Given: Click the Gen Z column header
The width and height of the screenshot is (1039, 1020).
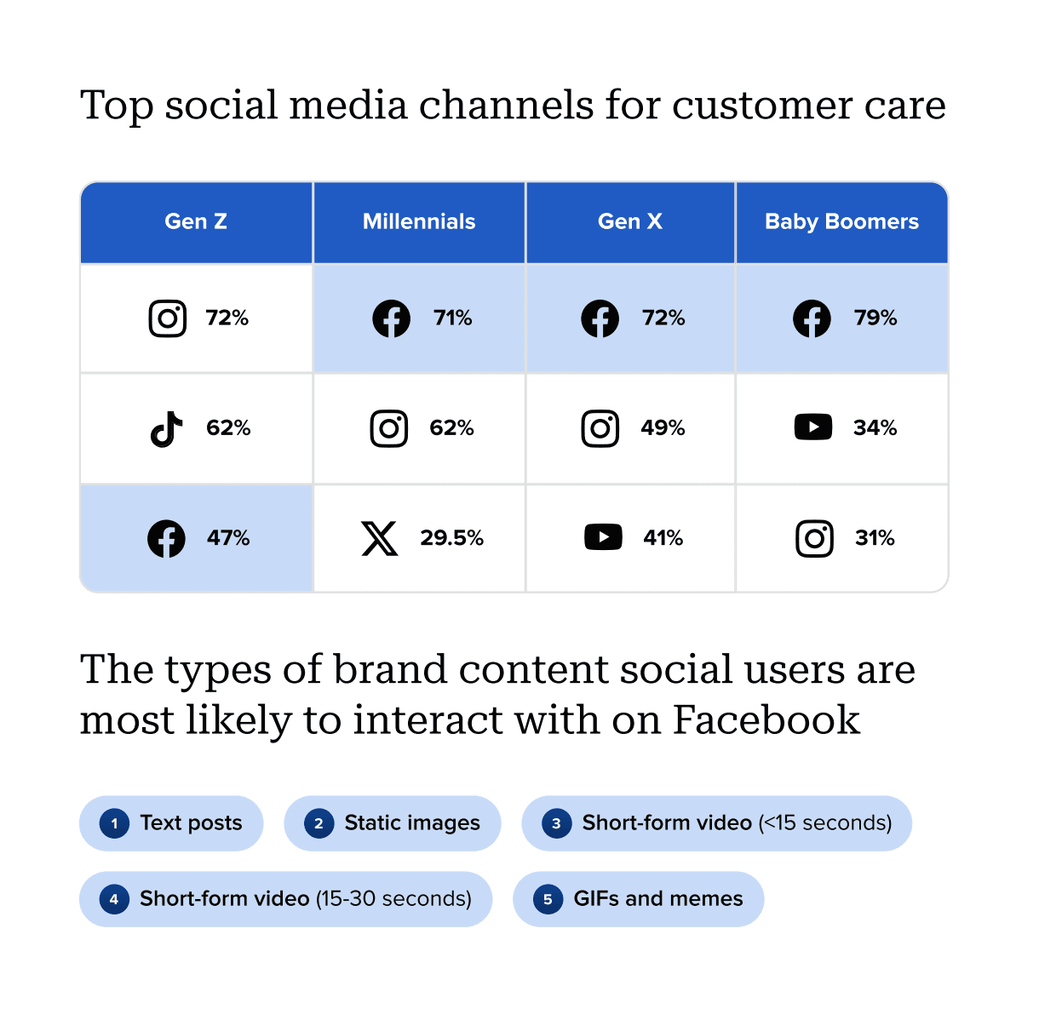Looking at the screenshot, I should coord(196,221).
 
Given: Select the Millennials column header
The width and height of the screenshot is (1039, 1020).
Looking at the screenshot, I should coord(419,221).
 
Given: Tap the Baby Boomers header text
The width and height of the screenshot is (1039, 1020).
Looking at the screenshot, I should coord(841,221).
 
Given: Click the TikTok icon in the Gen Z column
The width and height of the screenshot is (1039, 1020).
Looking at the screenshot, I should coord(167,429).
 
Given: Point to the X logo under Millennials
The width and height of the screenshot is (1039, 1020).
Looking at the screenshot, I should coord(380,538).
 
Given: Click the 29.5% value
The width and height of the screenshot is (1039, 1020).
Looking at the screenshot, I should coord(451,538).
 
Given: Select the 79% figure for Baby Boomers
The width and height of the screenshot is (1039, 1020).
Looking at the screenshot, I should coord(875,318).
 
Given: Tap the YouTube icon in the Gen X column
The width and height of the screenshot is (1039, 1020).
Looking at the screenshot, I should coord(603,538).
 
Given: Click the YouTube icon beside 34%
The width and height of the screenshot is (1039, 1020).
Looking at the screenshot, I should coord(813,427).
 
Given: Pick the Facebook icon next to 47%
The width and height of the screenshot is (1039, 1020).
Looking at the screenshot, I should coord(166,538).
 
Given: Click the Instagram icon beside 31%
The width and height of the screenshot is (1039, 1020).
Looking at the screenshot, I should coord(814,538).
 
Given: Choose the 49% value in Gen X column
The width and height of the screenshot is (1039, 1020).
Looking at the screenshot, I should coord(663,428).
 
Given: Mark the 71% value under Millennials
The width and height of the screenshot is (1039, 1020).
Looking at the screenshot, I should coord(452,318).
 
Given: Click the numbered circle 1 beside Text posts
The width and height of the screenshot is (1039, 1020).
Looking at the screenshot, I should coord(114,823).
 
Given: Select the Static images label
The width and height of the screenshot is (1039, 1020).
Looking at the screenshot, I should coord(412,823).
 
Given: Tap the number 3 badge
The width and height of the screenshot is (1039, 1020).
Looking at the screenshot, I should coord(556,823).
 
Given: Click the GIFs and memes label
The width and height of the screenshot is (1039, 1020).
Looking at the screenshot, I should coord(658,899).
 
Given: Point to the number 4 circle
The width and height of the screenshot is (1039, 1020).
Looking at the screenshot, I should coord(114,899).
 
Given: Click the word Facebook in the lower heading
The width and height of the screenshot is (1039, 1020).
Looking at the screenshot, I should coord(766,720).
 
